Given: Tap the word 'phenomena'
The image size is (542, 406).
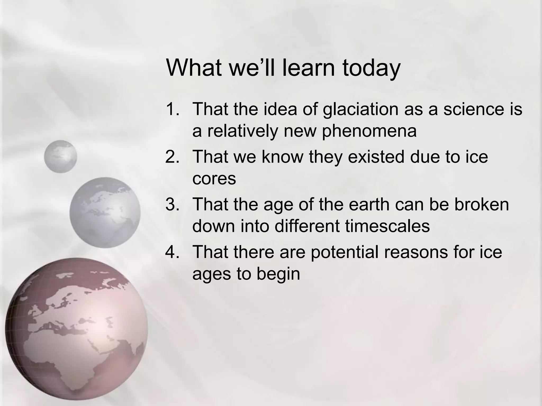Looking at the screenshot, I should (369, 131).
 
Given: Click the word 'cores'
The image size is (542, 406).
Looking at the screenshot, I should (214, 179).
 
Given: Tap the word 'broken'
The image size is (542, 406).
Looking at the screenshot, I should (482, 204).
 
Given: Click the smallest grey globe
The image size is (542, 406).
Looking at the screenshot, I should (60, 156).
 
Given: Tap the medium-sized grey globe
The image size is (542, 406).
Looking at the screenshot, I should (105, 212).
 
